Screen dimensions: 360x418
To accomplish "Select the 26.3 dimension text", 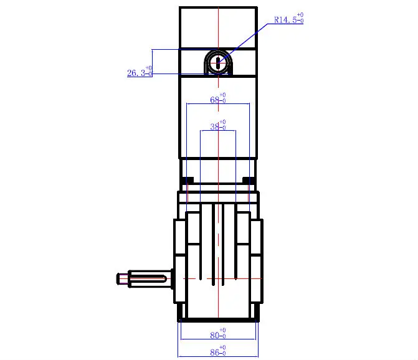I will pos(137,73).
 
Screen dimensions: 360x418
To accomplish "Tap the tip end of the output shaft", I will pos(118,278).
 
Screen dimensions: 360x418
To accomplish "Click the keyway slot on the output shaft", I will pos(150,278).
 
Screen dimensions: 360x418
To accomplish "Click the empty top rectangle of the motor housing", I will pos(218,27).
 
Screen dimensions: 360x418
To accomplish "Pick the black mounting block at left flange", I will pos(188,181).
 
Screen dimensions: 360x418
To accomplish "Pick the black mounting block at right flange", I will pos(249,181).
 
